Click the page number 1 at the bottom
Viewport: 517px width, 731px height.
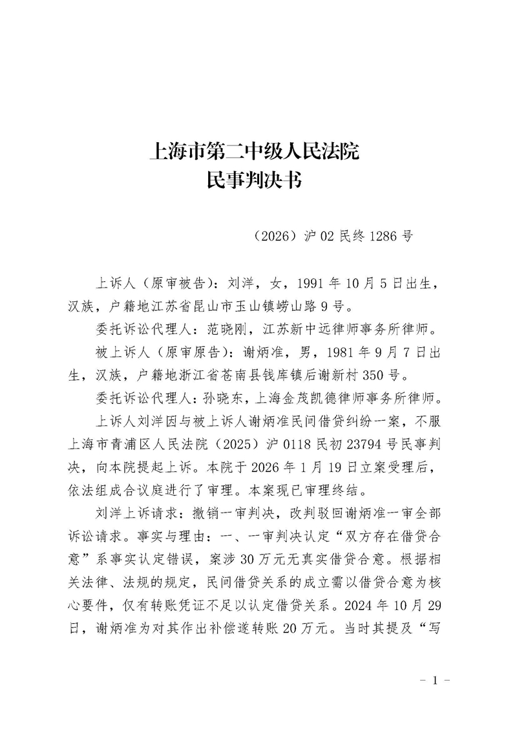(434, 680)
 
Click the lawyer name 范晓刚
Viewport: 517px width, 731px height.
(230, 328)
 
